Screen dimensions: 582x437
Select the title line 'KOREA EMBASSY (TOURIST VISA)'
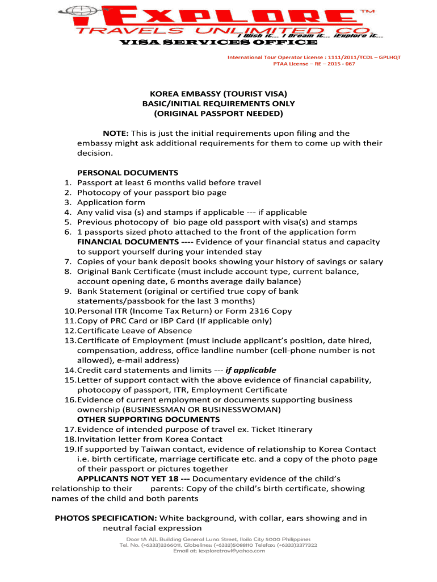click(218, 94)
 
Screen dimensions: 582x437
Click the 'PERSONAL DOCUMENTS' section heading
click(128, 173)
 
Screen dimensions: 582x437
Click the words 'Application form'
click(111, 202)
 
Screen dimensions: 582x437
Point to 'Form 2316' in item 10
click(250, 311)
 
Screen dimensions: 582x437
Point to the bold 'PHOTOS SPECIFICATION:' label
click(106, 518)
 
